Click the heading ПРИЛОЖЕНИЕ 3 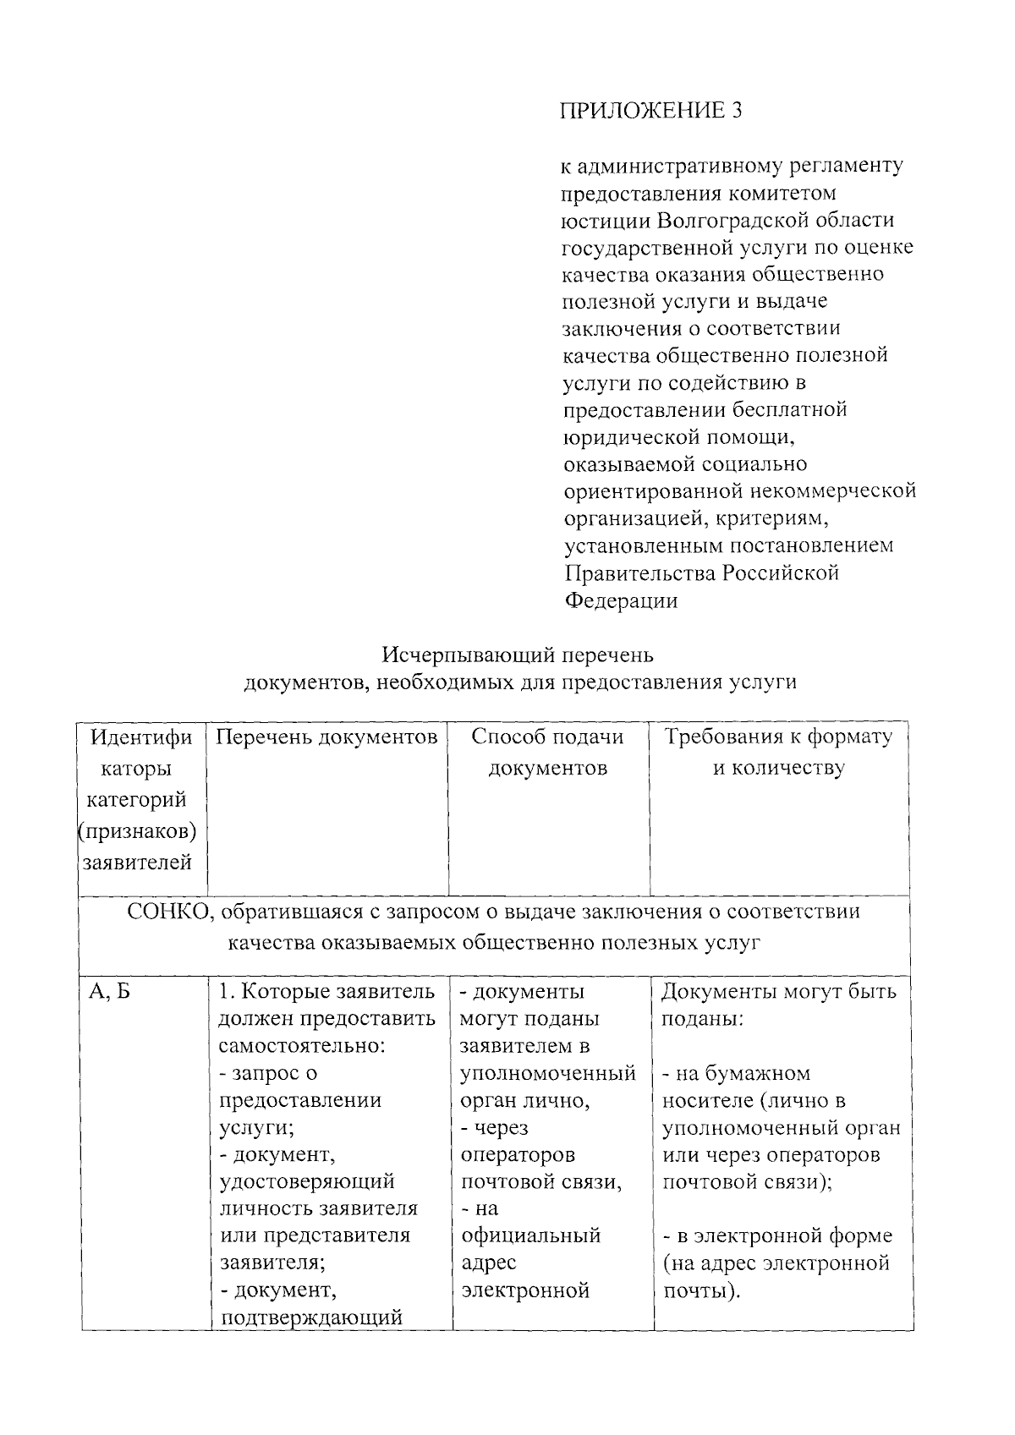point(651,111)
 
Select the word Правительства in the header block point(640,572)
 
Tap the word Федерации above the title point(621,600)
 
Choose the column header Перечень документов point(327,737)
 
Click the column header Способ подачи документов point(547,752)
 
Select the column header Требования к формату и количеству point(778,752)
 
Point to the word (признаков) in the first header point(137,831)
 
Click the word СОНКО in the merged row point(165,912)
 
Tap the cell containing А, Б point(109,992)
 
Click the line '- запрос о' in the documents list point(268,1073)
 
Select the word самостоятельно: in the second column point(302,1046)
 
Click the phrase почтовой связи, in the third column point(541,1181)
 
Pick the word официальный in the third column point(530,1235)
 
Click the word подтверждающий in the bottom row point(310,1317)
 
